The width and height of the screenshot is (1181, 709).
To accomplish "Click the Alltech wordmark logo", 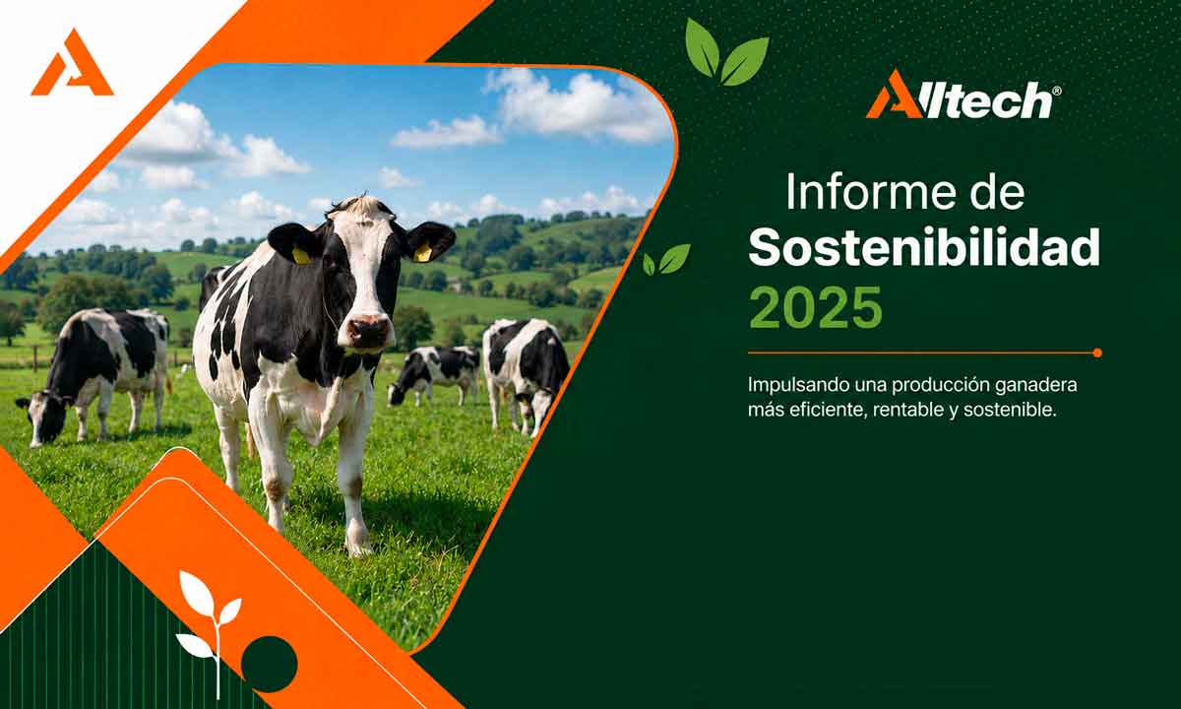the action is click(963, 95).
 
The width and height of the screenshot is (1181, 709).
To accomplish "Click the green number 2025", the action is click(815, 307).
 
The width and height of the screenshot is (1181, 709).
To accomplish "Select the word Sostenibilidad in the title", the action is click(924, 247).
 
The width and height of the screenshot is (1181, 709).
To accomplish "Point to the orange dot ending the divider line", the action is click(1097, 353).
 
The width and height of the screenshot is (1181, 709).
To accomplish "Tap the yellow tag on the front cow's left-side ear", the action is click(301, 256).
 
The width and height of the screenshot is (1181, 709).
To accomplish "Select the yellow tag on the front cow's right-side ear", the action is click(422, 253).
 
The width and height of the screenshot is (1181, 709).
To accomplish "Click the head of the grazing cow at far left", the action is click(42, 417).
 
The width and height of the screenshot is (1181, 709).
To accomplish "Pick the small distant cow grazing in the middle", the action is click(433, 374).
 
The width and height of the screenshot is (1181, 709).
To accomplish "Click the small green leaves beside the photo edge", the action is click(666, 260).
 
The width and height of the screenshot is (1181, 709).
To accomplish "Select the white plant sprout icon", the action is click(210, 631).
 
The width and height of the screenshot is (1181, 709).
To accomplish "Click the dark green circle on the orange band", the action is click(270, 664).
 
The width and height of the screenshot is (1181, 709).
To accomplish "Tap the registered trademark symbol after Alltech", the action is click(1057, 91).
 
